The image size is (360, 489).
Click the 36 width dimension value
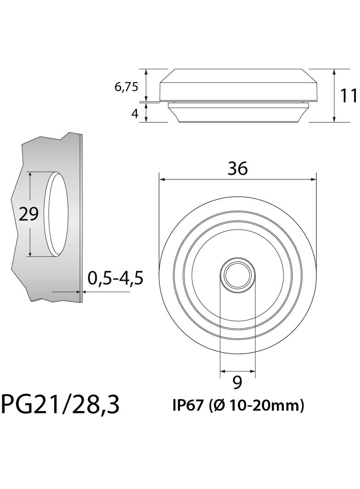(237, 169)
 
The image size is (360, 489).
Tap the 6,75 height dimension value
(126, 87)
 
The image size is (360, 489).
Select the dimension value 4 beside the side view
(135, 113)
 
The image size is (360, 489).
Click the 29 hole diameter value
(28, 214)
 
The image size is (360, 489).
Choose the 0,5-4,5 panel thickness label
(116, 278)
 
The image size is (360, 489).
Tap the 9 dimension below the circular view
(237, 382)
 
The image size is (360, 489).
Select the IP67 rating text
(188, 406)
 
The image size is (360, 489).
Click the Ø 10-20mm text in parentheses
(256, 406)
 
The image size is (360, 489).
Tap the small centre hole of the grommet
(237, 274)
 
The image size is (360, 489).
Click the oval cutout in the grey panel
(58, 214)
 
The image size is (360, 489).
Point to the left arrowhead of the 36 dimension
(161, 179)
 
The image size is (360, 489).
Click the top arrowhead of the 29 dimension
(30, 175)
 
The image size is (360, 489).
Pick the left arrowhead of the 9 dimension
(223, 371)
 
